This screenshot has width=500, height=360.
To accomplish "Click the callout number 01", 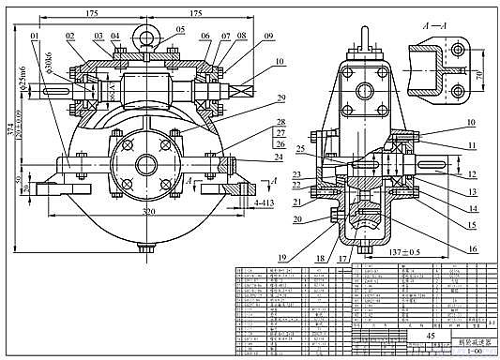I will click(36, 37).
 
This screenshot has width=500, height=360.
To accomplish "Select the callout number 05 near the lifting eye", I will click(178, 29).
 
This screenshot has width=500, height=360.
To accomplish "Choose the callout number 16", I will click(447, 249).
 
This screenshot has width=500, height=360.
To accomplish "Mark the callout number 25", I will click(299, 149).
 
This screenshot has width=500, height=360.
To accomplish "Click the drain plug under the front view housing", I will click(145, 250).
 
